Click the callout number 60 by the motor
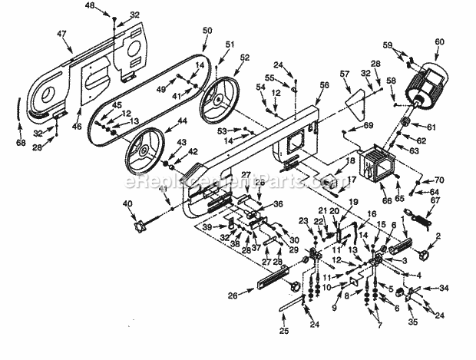pos(439,42)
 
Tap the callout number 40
pos(127,204)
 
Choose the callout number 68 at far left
pos(20,142)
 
